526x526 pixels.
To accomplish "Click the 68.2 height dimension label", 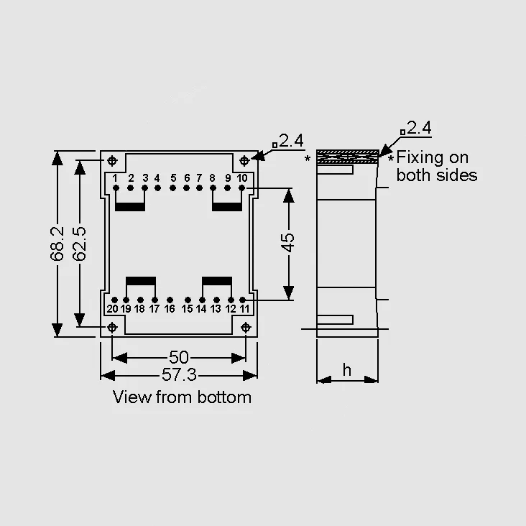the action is tap(57, 244).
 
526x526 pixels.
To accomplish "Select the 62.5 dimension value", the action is tap(80, 244).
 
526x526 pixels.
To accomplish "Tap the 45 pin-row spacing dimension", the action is tap(288, 243).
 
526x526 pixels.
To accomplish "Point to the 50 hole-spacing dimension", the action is tap(179, 357).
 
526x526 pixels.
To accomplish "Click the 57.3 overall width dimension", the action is tap(179, 374).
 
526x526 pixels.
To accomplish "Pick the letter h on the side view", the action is tap(347, 370).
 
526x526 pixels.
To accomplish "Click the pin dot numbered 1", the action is tap(116, 188).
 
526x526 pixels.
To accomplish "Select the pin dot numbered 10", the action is tap(241, 188).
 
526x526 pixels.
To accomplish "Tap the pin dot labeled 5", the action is tap(172, 188).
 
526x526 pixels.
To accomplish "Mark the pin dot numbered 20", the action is tap(114, 300).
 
